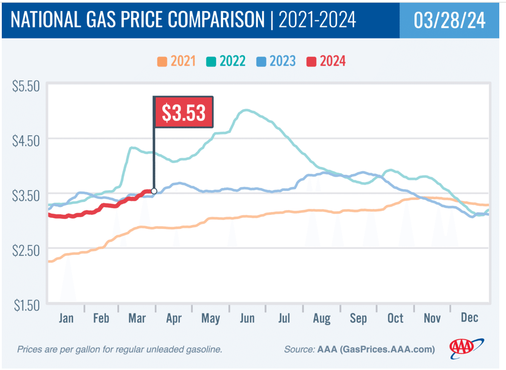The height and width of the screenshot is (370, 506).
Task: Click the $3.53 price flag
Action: (x=183, y=112)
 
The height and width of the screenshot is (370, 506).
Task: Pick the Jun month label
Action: (x=247, y=318)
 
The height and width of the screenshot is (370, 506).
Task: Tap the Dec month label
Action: (x=469, y=318)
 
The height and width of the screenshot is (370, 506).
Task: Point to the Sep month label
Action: (x=358, y=318)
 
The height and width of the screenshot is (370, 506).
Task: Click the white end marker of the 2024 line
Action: (x=154, y=191)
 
